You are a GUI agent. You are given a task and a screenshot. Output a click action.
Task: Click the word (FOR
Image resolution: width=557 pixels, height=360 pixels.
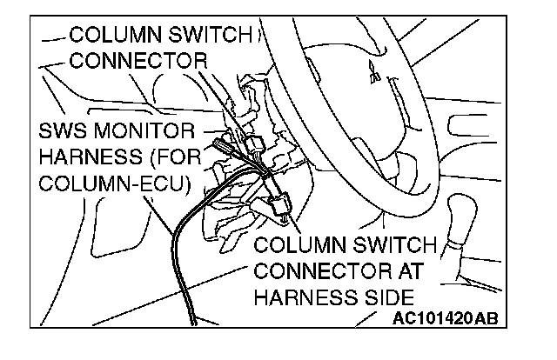click(x=171, y=160)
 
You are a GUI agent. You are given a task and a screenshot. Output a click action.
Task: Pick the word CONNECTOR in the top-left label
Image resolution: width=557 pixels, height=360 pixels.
click(x=138, y=62)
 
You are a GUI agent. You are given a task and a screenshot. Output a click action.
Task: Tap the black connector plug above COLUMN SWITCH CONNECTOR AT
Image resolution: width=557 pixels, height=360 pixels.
click(x=280, y=204)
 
